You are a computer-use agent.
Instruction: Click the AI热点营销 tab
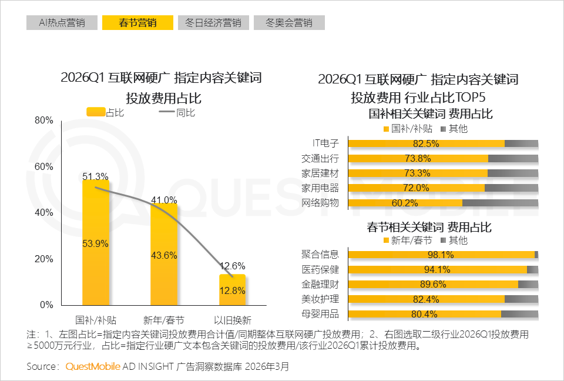coord(61,23)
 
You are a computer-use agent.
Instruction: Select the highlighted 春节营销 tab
coord(137,23)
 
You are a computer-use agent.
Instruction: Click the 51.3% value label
coord(95,176)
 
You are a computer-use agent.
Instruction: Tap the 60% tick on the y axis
coord(44,166)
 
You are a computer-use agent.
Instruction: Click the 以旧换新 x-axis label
coord(232,320)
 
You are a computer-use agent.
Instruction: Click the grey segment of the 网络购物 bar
coord(500,203)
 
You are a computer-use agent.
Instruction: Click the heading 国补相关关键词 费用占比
coord(430,113)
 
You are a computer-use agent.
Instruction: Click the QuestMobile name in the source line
coord(93,366)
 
